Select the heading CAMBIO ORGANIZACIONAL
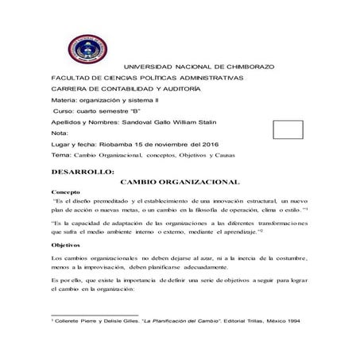click(x=180, y=182)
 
